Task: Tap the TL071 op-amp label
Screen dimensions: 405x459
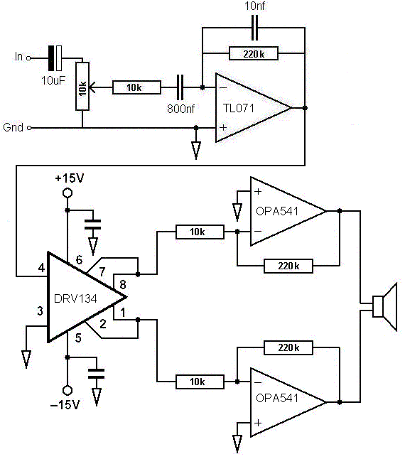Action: [x=239, y=108]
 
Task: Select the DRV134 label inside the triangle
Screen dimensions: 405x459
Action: [x=75, y=298]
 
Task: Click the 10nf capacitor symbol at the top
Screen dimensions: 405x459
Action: [x=255, y=28]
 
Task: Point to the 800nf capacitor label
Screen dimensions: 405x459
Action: [x=181, y=109]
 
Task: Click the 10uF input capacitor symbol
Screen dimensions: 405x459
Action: [x=55, y=58]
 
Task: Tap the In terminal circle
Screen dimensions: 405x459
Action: [x=28, y=58]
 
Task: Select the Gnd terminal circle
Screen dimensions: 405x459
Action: [x=29, y=128]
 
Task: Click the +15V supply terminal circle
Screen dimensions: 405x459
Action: [x=67, y=193]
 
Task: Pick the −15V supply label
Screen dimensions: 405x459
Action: [x=65, y=405]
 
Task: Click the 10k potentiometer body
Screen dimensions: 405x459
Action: [x=82, y=87]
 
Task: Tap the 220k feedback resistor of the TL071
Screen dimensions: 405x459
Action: [x=254, y=53]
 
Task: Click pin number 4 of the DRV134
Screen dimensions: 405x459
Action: [x=41, y=268]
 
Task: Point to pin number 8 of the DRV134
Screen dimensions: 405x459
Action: [x=123, y=284]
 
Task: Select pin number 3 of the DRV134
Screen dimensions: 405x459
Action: [x=40, y=311]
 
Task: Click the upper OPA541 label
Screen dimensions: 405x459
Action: [x=277, y=211]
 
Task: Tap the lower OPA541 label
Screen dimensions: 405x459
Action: [x=277, y=398]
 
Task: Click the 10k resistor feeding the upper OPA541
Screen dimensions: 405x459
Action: [x=200, y=232]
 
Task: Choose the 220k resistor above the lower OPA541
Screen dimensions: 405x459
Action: [x=288, y=347]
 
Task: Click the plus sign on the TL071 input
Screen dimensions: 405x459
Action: [x=223, y=127]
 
